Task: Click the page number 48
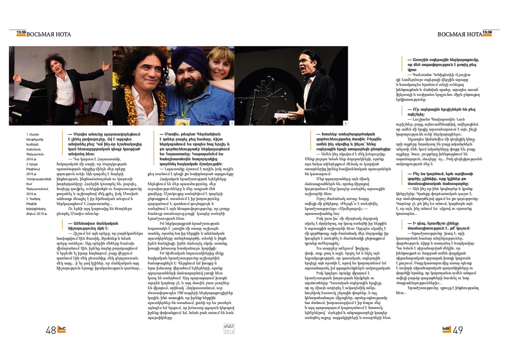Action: pyautogui.click(x=51, y=330)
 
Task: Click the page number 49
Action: pyautogui.click(x=458, y=330)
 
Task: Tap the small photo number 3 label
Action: pyautogui.click(x=232, y=123)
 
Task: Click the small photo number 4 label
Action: pyautogui.click(x=346, y=123)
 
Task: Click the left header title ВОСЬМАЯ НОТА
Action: pyautogui.click(x=49, y=35)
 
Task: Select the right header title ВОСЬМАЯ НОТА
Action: pyautogui.click(x=459, y=35)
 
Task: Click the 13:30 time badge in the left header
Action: pyautogui.click(x=21, y=33)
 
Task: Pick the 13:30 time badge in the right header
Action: pyautogui.click(x=487, y=33)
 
